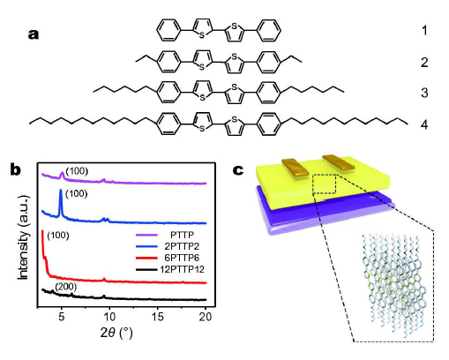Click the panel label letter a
point(34,34)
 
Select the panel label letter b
point(16,169)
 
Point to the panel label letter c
point(238,170)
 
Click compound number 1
point(424,30)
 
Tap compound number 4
point(424,124)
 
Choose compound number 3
point(424,93)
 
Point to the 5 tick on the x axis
point(62,317)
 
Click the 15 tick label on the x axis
point(158,317)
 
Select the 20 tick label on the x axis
point(206,317)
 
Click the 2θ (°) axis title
point(116,333)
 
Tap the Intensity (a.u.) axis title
point(23,236)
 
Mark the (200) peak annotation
point(65,287)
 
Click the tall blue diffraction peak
point(61,203)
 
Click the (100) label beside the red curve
point(58,236)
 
